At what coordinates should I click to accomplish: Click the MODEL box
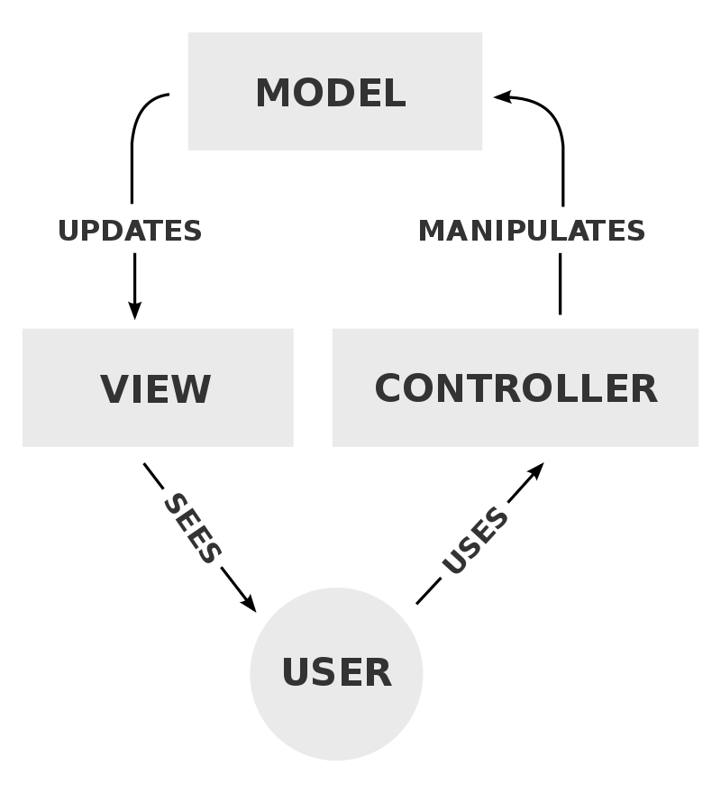coord(334,91)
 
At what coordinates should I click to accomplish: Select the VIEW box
coord(157,387)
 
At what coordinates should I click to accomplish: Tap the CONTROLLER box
coord(515,387)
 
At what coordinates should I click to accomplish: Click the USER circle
coord(336,673)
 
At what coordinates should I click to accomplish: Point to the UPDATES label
coord(130,231)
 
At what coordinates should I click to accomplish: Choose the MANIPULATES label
coord(532,231)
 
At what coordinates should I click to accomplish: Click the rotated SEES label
coord(192,529)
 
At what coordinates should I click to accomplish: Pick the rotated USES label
coord(475,541)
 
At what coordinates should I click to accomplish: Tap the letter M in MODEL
coord(273,94)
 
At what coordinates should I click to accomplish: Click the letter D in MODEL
coord(347,94)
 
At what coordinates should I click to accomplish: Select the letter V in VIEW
coord(114,389)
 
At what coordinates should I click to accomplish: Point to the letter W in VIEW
coord(191,389)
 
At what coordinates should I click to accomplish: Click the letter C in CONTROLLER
coord(389,388)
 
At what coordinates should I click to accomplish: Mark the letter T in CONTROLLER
coord(482,388)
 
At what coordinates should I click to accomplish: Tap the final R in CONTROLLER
coord(643,388)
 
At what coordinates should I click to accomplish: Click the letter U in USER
coord(297,673)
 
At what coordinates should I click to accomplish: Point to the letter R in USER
coord(379,673)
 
